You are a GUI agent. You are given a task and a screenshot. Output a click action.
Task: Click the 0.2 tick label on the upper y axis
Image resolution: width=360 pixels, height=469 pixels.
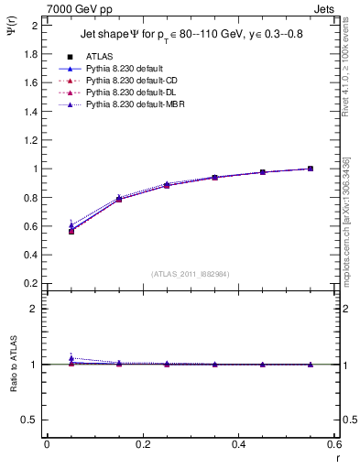[32, 283]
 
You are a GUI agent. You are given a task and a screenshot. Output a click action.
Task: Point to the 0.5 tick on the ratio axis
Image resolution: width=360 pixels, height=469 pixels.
[32, 420]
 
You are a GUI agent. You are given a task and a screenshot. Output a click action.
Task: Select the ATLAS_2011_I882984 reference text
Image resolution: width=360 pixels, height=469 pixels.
[191, 274]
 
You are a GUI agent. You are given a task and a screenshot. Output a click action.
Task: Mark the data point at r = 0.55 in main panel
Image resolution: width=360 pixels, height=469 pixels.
[311, 169]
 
